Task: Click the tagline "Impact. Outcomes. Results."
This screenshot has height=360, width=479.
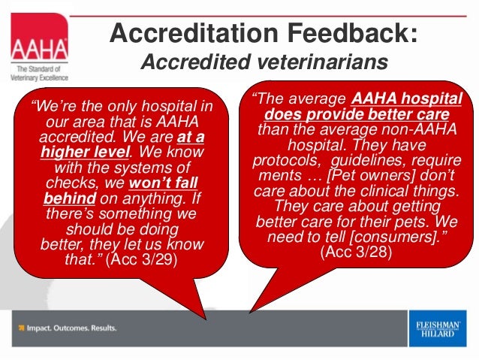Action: [x=68, y=328]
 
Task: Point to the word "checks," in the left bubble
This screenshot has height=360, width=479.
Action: [x=74, y=183]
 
